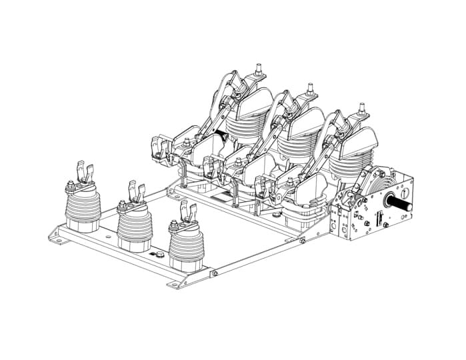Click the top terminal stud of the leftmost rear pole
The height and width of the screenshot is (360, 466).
(x=259, y=70)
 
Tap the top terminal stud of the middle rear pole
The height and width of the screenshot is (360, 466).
(x=311, y=89)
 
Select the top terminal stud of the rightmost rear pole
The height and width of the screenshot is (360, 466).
(x=362, y=108)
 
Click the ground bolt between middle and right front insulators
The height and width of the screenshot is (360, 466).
(x=159, y=255)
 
